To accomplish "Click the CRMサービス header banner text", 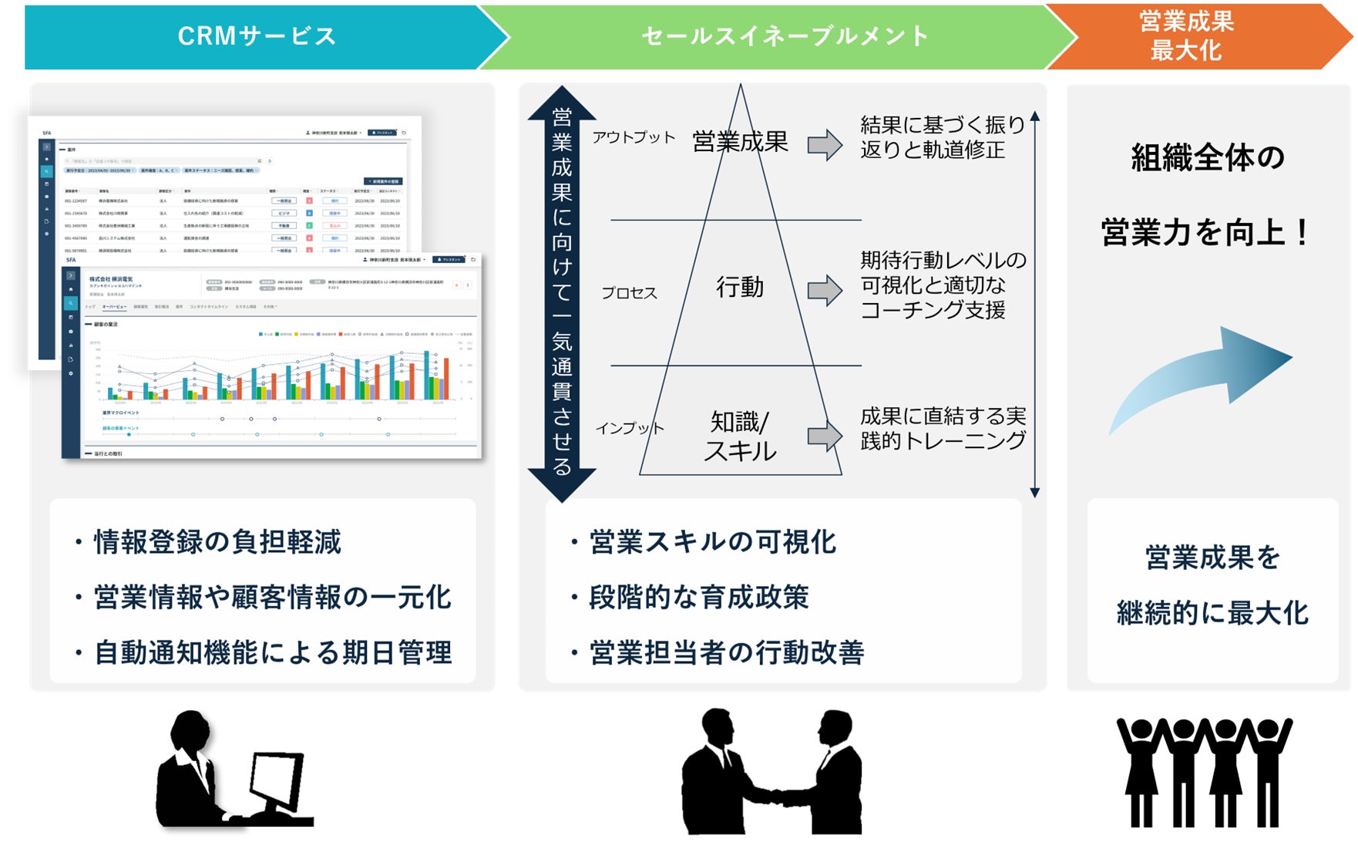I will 257,36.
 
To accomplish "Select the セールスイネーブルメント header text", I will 785,36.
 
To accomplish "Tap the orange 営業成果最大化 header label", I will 1186,36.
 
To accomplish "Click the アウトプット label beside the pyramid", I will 634,137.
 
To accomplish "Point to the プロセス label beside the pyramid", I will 630,293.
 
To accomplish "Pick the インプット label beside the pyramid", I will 630,428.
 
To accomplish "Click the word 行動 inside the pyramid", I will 740,287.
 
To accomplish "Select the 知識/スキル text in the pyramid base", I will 740,436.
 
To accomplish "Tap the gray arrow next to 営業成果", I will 825,145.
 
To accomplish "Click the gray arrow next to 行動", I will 825,290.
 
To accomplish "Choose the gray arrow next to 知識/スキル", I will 825,436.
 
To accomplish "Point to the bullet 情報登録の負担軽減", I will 217,542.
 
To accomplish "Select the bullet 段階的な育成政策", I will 698,597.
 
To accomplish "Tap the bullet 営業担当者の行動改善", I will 726,652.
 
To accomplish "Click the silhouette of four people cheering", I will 1205,771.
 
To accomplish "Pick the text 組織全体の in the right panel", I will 1208,158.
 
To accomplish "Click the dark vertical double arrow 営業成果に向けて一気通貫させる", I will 562,293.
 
